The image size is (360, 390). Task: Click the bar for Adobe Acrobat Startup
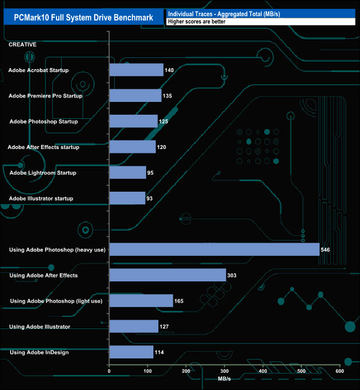(136, 70)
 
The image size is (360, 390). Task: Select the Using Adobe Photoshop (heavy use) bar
(214, 249)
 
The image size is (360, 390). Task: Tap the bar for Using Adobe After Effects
(167, 275)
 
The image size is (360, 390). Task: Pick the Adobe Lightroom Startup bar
(127, 172)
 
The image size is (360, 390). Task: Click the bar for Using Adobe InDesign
(131, 352)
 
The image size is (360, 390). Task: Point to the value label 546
(326, 250)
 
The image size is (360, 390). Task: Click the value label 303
(232, 275)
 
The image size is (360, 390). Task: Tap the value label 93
(150, 198)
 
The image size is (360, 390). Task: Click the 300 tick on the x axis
(224, 371)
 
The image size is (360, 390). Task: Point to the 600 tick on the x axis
(340, 371)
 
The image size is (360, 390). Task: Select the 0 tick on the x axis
(110, 371)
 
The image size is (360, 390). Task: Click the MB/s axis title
(224, 379)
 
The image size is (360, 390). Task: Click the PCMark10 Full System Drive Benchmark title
(84, 17)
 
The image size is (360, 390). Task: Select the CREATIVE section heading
(23, 44)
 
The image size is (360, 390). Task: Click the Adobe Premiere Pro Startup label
(45, 96)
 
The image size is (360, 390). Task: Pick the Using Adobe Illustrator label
(40, 326)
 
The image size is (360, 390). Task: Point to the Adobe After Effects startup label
(44, 147)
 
